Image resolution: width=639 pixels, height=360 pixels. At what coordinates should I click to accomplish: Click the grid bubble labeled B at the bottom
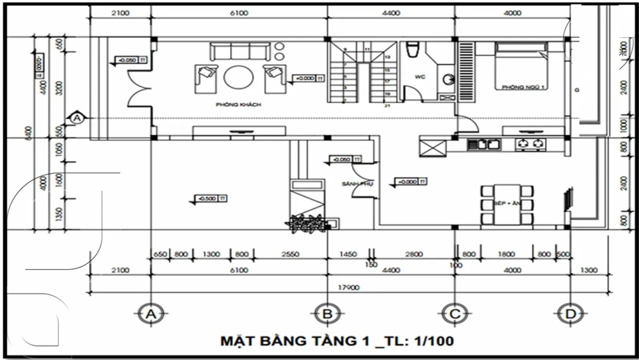pos(327,313)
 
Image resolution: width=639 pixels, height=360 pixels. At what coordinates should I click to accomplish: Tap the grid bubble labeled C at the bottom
pos(454,313)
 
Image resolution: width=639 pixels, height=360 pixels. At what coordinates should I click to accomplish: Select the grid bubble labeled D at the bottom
pos(567,313)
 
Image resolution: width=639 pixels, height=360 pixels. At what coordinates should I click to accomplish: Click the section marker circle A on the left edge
pos(77,118)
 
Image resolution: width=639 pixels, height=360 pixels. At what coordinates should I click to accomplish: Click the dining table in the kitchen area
pos(507,204)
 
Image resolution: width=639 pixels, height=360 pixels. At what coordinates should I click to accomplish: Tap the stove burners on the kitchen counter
pos(531,144)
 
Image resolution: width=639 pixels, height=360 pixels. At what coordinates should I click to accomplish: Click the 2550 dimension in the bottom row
pos(290,254)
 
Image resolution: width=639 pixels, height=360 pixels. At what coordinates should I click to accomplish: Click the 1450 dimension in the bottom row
pos(348,254)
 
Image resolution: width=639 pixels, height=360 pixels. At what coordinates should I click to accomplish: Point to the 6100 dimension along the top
pos(239,13)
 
